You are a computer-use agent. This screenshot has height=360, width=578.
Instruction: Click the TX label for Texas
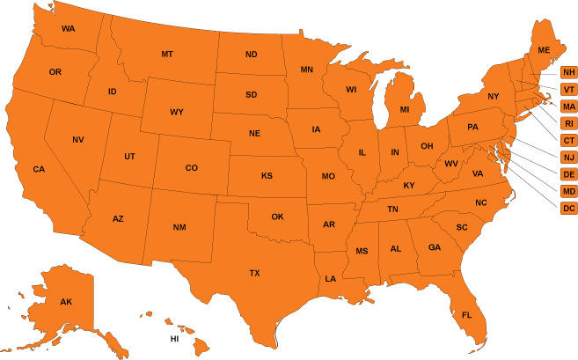click(x=254, y=273)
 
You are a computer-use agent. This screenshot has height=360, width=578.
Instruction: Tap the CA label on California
click(x=39, y=169)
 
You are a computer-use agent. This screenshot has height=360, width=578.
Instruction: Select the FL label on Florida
click(x=466, y=315)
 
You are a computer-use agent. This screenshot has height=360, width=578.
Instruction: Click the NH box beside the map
click(x=568, y=72)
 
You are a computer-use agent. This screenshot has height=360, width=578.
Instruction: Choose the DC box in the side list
click(x=568, y=209)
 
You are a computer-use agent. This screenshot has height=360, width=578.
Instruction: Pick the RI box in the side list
click(x=568, y=123)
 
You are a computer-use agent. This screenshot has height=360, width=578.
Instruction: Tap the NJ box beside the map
click(x=568, y=158)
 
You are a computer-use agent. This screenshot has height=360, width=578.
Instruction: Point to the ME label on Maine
click(x=544, y=50)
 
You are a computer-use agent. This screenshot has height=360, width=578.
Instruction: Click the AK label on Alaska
click(x=66, y=302)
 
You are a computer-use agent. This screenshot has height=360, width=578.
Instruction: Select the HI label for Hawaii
click(x=174, y=338)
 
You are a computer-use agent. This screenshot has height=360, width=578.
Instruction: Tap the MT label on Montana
click(x=167, y=55)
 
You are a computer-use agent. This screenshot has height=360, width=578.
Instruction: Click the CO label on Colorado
click(x=191, y=167)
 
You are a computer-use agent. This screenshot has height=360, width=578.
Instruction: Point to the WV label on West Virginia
click(x=451, y=164)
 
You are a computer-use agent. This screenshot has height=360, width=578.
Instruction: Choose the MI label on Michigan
click(x=405, y=110)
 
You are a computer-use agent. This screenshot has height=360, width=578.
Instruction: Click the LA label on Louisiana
click(x=330, y=278)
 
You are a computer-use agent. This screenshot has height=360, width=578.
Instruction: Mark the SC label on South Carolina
click(x=461, y=227)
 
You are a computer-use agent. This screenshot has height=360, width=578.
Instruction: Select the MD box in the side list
click(x=568, y=191)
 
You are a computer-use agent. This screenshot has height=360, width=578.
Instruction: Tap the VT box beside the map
click(x=568, y=90)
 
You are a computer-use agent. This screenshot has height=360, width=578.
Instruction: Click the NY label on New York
click(x=493, y=96)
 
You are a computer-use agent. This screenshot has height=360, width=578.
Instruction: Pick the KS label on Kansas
click(x=267, y=176)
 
